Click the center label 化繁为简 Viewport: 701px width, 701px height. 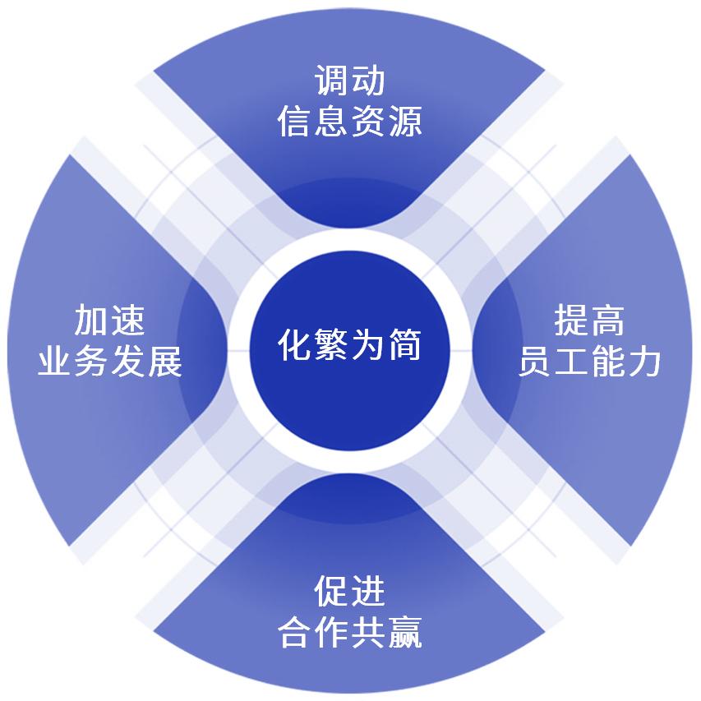tap(350, 345)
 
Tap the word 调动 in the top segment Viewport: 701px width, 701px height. tap(350, 81)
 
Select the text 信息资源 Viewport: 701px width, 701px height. tap(350, 121)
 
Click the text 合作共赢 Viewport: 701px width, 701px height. tap(350, 632)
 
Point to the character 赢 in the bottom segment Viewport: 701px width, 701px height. tap(405, 632)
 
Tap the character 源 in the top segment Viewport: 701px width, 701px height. tap(405, 121)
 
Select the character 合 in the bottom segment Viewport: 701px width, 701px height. tap(295, 632)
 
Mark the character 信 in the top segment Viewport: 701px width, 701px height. tap(295, 121)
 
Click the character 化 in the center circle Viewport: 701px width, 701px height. tap(296, 345)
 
